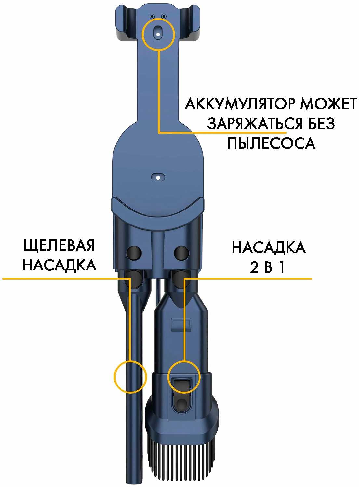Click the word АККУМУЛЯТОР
[241, 104]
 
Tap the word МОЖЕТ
[329, 104]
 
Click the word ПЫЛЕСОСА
[271, 143]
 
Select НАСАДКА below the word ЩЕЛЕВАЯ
[59, 265]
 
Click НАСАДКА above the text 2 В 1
[269, 248]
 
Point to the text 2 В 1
[267, 267]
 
